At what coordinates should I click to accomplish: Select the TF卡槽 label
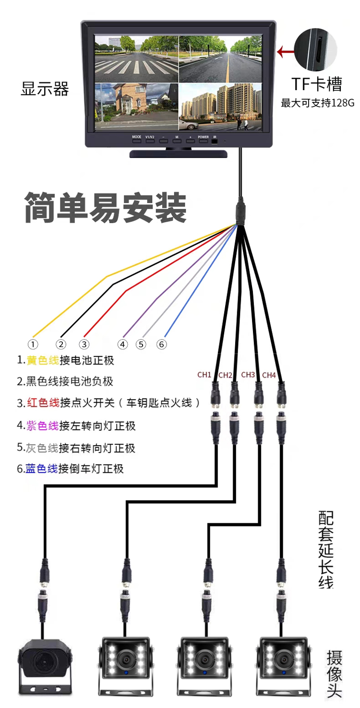coord(317,84)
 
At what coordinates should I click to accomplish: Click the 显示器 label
coord(45,89)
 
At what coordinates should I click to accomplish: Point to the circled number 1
coord(33,344)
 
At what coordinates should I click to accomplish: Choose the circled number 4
coord(123,344)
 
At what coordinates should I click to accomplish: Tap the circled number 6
coord(161,344)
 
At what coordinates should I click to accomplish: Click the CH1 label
coord(204,375)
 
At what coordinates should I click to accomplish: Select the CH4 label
coord(269,375)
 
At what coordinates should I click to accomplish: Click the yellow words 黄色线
coord(43,360)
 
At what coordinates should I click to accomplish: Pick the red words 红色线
coord(43,402)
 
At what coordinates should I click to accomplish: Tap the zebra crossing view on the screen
coord(136,59)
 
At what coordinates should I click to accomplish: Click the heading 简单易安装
coord(105,208)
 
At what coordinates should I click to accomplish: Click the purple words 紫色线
coord(43,425)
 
